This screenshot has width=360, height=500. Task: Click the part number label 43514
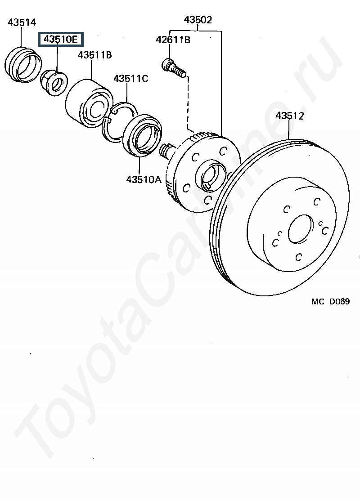22,22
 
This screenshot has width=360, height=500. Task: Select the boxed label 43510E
61,39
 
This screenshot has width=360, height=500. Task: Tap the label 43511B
95,55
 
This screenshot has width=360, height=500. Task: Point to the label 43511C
131,78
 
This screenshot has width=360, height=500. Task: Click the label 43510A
144,179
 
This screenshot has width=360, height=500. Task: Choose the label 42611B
173,40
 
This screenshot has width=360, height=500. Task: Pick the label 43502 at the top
198,20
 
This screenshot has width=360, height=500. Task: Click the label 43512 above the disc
290,116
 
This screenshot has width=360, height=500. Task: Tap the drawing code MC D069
330,301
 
